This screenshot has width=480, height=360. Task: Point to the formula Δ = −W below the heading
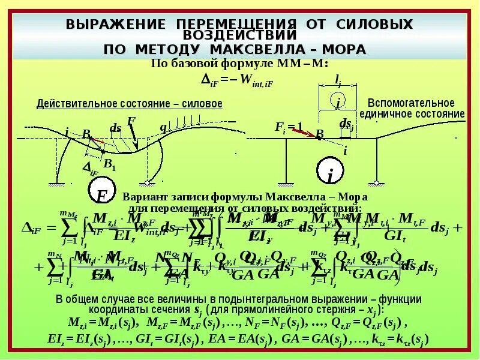pyautogui.click(x=236, y=80)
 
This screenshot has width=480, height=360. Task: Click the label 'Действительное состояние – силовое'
pyautogui.click(x=130, y=104)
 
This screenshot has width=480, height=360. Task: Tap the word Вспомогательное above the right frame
pyautogui.click(x=411, y=103)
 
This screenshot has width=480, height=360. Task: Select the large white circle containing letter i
pyautogui.click(x=329, y=173)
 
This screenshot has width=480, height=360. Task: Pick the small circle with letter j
pyautogui.click(x=338, y=101)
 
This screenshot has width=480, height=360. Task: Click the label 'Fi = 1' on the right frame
pyautogui.click(x=290, y=127)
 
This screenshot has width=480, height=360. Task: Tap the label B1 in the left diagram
pyautogui.click(x=110, y=163)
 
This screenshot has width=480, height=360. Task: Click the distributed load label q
pyautogui.click(x=162, y=127)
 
